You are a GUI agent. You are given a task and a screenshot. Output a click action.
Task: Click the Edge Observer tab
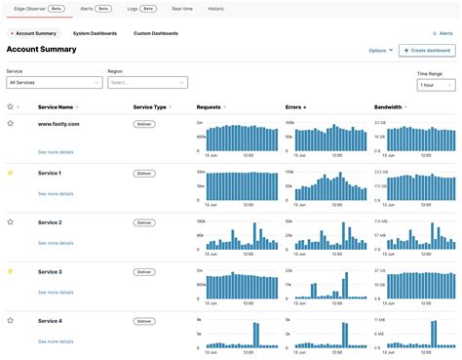pyautogui.click(x=37, y=8)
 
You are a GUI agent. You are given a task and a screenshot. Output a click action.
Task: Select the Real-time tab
pyautogui.click(x=182, y=8)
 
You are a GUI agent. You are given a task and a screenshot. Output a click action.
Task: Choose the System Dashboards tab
pyautogui.click(x=95, y=33)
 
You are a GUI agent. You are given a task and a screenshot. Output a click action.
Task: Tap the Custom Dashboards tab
pyautogui.click(x=156, y=33)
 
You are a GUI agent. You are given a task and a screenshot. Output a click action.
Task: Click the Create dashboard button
pyautogui.click(x=427, y=50)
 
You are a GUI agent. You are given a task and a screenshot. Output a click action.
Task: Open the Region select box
pyautogui.click(x=146, y=83)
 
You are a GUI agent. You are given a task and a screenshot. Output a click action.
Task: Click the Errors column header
pyautogui.click(x=295, y=106)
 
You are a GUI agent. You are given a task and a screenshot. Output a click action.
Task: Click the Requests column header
pyautogui.click(x=210, y=106)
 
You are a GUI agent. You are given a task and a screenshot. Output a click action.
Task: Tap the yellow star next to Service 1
pyautogui.click(x=11, y=173)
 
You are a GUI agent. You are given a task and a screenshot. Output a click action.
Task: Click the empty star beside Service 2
pyautogui.click(x=11, y=222)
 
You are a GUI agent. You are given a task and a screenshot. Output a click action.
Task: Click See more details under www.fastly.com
pyautogui.click(x=56, y=153)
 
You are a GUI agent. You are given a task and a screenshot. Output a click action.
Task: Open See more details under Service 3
pyautogui.click(x=56, y=293)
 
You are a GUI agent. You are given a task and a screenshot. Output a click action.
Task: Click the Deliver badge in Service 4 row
pyautogui.click(x=144, y=321)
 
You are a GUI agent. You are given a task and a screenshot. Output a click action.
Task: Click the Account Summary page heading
pyautogui.click(x=42, y=49)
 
